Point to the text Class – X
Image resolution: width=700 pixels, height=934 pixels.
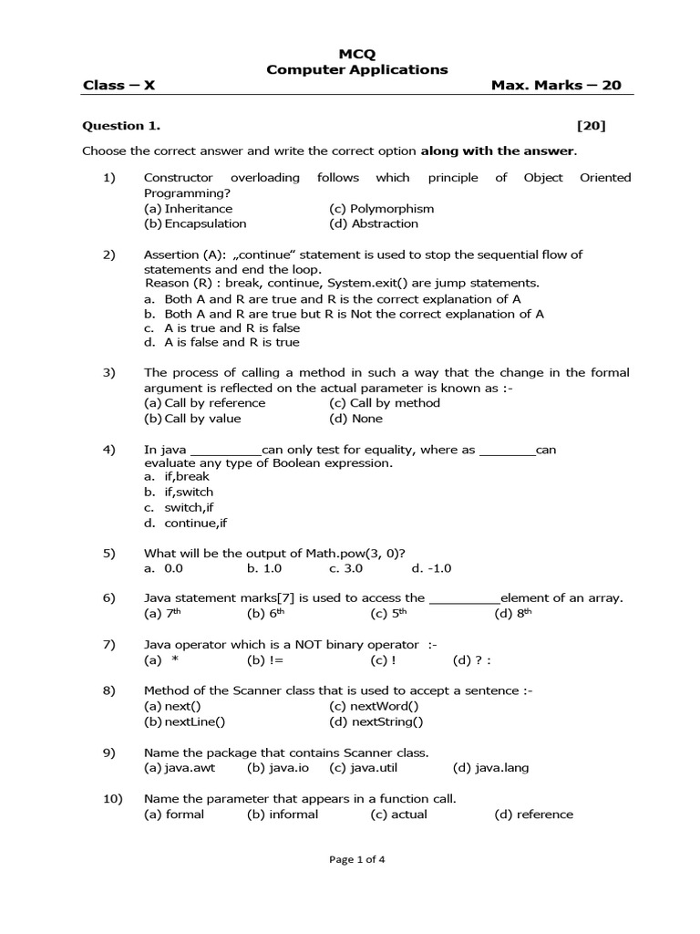(119, 85)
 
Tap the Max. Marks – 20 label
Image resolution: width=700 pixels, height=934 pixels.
(556, 85)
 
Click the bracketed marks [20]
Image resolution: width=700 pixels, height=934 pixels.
(591, 126)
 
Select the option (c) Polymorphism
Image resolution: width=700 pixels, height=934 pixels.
(381, 208)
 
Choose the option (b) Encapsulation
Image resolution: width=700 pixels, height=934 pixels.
(195, 223)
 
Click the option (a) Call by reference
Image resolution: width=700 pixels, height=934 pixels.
(209, 402)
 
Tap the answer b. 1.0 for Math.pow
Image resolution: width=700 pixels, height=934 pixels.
(264, 567)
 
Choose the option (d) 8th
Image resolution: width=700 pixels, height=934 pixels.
(512, 613)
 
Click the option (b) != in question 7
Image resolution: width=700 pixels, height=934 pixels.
(264, 660)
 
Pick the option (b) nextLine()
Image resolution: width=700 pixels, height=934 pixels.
(185, 721)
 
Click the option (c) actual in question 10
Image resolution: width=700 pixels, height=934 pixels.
(398, 814)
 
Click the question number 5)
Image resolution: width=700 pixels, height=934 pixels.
(109, 552)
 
